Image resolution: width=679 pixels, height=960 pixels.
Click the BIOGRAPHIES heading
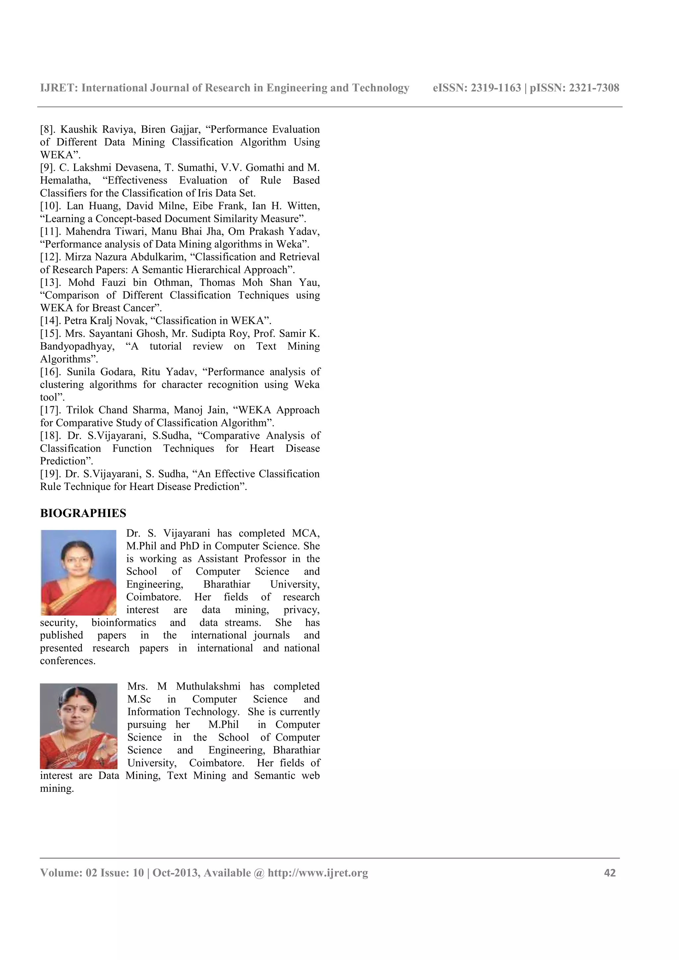coord(83,513)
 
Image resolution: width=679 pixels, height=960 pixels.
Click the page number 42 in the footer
coord(610,873)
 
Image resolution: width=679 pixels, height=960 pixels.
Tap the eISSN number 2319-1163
coord(496,88)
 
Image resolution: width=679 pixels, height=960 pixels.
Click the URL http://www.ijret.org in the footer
coord(318,873)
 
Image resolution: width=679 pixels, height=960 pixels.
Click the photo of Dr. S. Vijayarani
coord(78,572)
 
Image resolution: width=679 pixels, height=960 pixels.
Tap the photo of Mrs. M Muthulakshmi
coord(78,726)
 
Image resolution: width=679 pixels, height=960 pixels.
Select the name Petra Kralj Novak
coord(104,321)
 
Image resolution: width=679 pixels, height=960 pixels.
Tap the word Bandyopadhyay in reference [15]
coord(77,347)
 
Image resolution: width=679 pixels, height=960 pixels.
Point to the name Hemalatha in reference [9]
coord(65,181)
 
